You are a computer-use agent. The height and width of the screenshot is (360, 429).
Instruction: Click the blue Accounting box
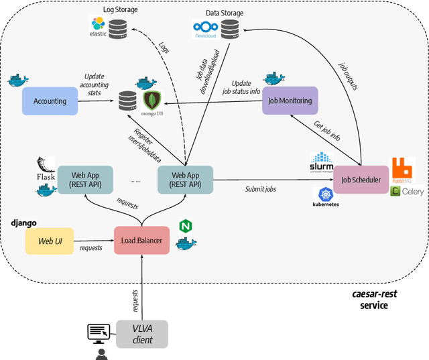click(x=50, y=101)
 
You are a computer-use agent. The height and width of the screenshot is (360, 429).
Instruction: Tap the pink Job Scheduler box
click(x=361, y=180)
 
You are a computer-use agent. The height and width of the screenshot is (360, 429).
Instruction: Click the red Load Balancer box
click(x=141, y=240)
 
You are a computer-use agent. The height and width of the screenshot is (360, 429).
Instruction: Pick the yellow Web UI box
click(x=50, y=241)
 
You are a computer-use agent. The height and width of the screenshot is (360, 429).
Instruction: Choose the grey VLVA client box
click(x=141, y=334)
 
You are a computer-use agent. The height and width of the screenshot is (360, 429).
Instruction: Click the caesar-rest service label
click(x=379, y=300)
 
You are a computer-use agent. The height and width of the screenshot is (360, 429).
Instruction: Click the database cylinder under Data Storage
click(x=229, y=28)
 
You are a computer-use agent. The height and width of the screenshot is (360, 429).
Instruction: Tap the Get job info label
click(x=327, y=130)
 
